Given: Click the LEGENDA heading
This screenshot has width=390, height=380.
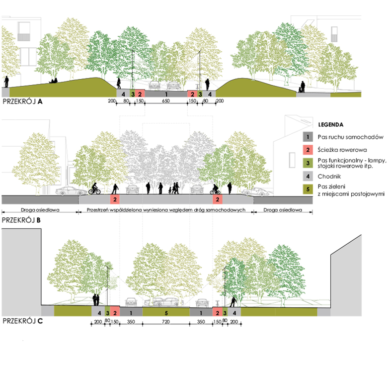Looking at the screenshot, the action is point(330,125).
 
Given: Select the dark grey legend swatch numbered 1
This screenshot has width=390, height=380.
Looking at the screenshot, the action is point(308,137).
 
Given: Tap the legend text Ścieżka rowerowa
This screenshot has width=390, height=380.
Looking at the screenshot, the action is point(342,150).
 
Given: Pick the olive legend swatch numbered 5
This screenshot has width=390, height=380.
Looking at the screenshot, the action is point(308,189).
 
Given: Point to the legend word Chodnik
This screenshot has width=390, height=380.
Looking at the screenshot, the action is point(329,176).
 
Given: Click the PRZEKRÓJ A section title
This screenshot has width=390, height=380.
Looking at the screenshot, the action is point(22,101).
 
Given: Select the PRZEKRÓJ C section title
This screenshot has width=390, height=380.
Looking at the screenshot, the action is point(23,321).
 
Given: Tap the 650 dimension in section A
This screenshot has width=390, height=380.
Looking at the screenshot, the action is point(165,101).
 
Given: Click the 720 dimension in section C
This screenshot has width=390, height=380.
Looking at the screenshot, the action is point(165,321).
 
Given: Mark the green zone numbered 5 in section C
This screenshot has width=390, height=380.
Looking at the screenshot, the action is point(166,312).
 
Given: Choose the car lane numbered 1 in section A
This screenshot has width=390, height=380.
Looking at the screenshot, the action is point(166,94).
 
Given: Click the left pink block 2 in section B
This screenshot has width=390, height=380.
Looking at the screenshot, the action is point(115,199).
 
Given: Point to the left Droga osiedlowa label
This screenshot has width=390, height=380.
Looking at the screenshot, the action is point(40,210).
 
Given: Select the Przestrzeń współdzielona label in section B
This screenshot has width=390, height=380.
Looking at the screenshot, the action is point(166,210).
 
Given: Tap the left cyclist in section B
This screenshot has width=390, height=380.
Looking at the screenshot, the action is point(94,189).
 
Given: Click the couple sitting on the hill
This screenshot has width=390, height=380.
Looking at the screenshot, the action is point(53,81).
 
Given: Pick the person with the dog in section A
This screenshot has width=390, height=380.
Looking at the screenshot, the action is point(302,87).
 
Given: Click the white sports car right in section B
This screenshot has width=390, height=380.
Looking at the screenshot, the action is point(255,191).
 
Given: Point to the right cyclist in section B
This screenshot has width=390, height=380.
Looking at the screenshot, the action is point(215,189).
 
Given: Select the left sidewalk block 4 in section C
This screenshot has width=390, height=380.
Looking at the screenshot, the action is point(98,312).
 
